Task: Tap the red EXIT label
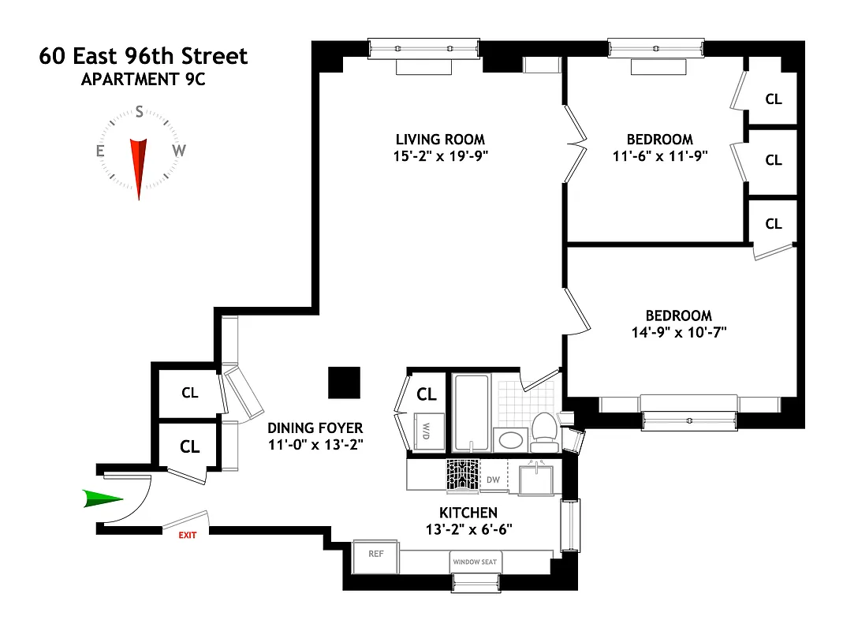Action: tap(187, 534)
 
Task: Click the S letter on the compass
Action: tap(140, 112)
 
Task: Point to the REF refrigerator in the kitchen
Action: tap(376, 554)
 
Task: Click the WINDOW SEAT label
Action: tap(476, 563)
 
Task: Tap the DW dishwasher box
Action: tap(493, 479)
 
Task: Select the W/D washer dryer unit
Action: tap(426, 431)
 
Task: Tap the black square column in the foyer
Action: tap(344, 383)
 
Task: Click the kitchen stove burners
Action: tap(463, 476)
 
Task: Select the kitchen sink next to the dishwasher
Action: tap(535, 480)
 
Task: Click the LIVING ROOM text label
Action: tap(440, 140)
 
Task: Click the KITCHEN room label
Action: tap(468, 513)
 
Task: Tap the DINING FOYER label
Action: tap(315, 428)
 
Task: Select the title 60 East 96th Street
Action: tap(143, 56)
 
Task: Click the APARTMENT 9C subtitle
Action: tap(143, 79)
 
